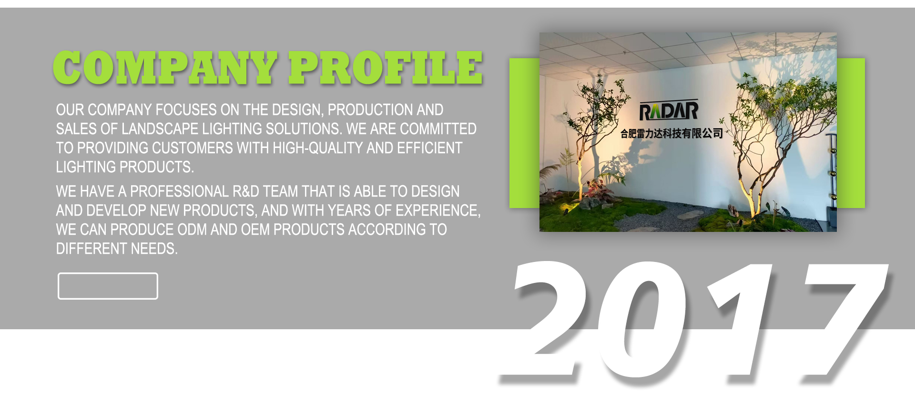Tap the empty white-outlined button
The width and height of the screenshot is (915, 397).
pyautogui.click(x=108, y=286)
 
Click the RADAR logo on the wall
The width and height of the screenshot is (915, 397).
pyautogui.click(x=669, y=111)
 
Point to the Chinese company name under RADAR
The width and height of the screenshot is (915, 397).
pyautogui.click(x=671, y=134)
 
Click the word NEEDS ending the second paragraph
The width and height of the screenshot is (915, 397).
pyautogui.click(x=154, y=249)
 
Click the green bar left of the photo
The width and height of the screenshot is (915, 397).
pyautogui.click(x=524, y=133)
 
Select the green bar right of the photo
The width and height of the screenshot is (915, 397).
pyautogui.click(x=851, y=133)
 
